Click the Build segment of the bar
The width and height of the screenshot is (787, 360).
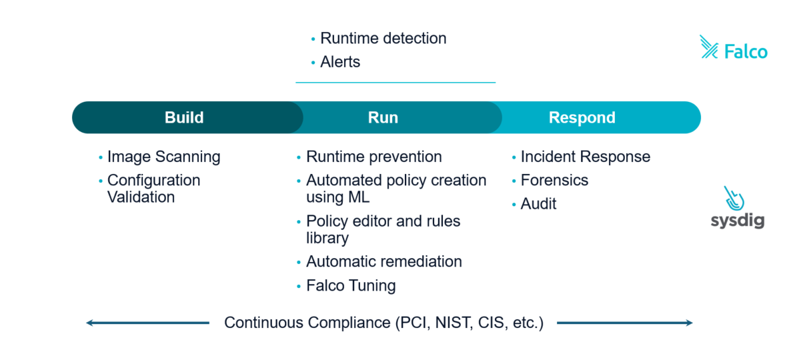(x=184, y=118)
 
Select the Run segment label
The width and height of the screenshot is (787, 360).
(x=383, y=118)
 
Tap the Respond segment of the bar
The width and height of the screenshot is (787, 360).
(x=582, y=118)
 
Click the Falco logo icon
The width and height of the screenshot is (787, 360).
(x=709, y=47)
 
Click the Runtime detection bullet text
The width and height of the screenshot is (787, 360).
(x=383, y=39)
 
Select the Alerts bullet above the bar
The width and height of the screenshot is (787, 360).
(x=340, y=62)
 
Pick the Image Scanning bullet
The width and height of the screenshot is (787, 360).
(x=163, y=157)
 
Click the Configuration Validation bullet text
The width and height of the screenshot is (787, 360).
(x=153, y=189)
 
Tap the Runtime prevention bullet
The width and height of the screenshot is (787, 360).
(x=373, y=157)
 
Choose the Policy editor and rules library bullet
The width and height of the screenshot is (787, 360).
(x=383, y=229)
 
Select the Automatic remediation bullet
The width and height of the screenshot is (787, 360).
(x=383, y=261)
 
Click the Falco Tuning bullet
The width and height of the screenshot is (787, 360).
(x=351, y=285)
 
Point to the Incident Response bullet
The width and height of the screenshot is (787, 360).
(x=585, y=157)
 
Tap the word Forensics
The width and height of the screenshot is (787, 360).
(x=554, y=180)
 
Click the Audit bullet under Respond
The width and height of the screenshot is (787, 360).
(x=538, y=204)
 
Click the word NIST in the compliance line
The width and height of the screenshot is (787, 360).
(x=453, y=323)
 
